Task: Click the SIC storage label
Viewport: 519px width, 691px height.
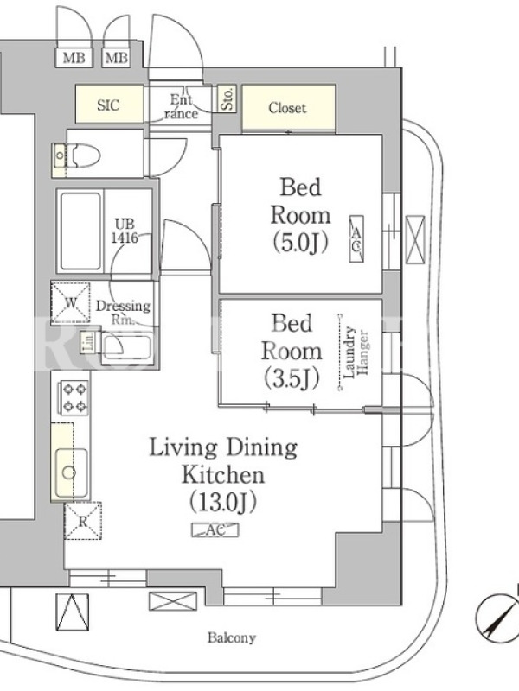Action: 108,105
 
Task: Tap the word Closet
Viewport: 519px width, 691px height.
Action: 287,107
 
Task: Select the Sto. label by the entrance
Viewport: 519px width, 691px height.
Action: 228,98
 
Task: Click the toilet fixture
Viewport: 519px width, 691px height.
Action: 79,155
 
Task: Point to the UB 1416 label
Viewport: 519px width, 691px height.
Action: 125,231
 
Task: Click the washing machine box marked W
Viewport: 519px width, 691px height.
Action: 71,303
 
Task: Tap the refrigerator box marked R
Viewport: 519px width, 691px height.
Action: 83,521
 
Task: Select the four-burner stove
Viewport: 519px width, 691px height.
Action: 74,398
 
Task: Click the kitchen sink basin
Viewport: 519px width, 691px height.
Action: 71,472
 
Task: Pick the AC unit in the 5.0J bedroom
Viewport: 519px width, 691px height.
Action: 356,239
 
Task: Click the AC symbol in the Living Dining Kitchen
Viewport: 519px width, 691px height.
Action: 215,529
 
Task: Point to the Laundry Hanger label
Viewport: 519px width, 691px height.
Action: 356,352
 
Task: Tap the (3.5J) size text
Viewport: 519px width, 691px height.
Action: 292,378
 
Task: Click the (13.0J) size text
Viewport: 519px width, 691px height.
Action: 223,502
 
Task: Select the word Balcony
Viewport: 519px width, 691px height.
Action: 232,637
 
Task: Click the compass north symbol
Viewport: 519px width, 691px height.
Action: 498,615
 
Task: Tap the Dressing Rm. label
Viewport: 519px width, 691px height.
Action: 123,313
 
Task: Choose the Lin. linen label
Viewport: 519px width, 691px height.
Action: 88,342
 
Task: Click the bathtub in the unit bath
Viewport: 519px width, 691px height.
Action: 80,231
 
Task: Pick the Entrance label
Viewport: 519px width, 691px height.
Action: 182,106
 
